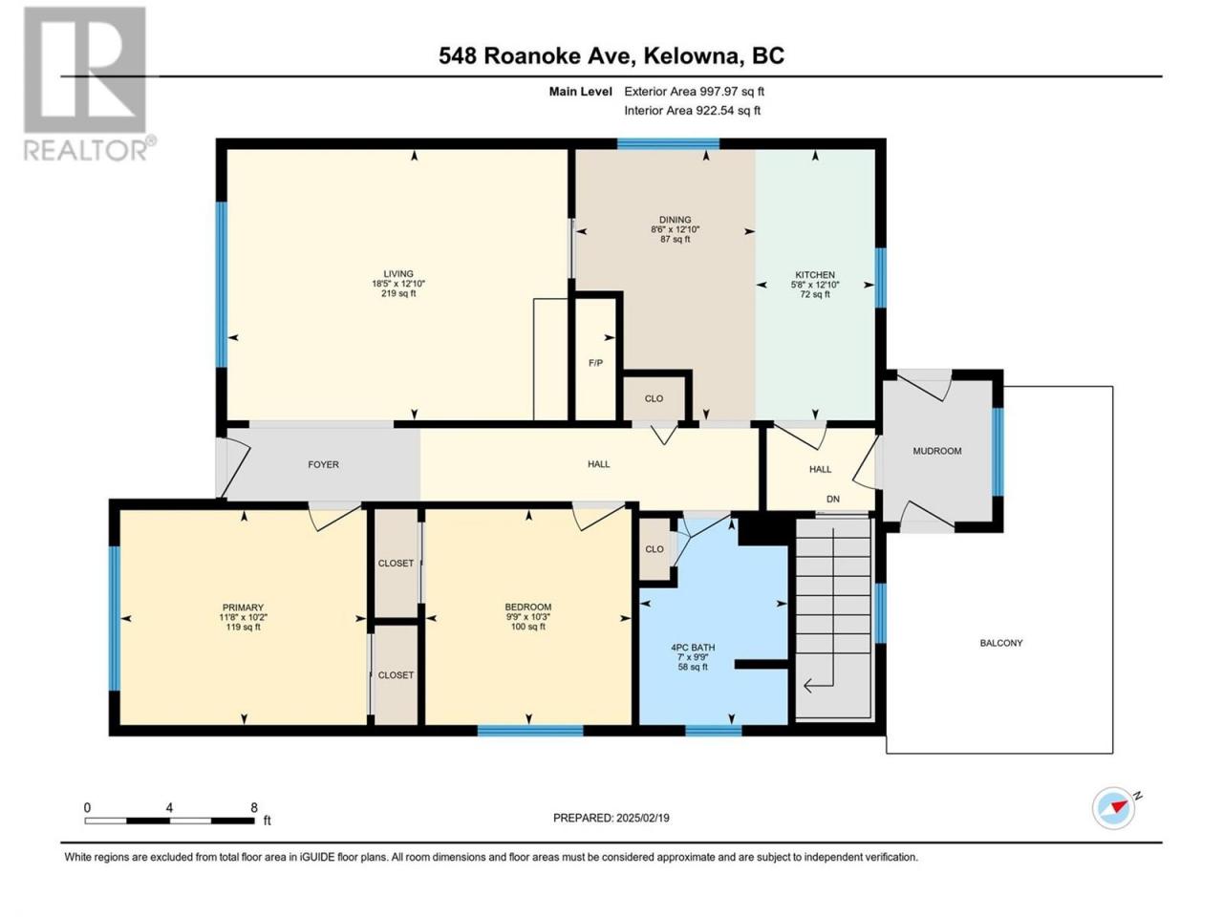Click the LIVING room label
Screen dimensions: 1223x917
(x=397, y=273)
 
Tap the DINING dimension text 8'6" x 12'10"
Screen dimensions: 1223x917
(x=675, y=229)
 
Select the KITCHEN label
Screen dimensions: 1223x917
(x=815, y=274)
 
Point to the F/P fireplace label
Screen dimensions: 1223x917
(x=595, y=363)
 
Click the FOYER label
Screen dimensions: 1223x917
(x=323, y=464)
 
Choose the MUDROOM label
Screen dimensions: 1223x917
(x=936, y=451)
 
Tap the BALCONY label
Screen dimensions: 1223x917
(x=1000, y=643)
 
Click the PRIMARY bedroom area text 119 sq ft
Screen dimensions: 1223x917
(x=243, y=627)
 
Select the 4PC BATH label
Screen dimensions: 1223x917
(x=693, y=648)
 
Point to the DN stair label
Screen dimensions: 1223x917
(x=832, y=499)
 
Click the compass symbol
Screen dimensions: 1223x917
(x=1113, y=808)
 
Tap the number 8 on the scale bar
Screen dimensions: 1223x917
(x=253, y=807)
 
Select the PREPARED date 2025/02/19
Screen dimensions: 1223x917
(x=642, y=818)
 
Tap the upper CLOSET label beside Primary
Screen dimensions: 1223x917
(x=396, y=563)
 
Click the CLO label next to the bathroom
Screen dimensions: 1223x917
(x=654, y=549)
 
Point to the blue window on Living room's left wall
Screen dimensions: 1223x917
(x=222, y=285)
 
